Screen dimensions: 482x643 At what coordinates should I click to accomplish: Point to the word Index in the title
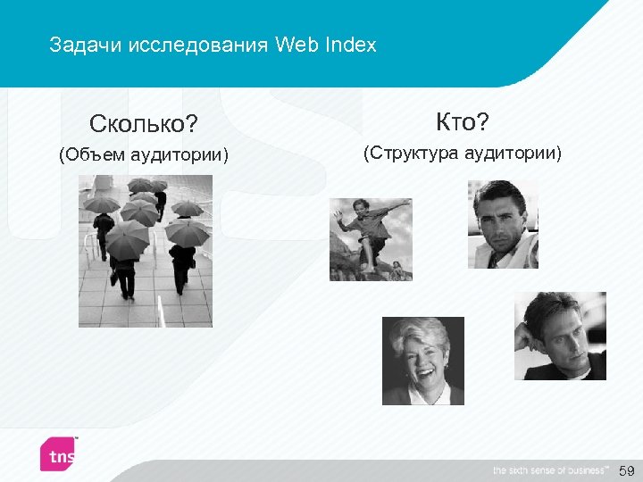[x=353, y=45]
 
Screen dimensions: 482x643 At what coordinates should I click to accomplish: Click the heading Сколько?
[x=143, y=121]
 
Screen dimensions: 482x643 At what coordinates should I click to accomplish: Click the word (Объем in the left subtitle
[x=92, y=156]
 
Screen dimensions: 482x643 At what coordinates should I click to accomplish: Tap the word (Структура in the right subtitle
[x=410, y=154]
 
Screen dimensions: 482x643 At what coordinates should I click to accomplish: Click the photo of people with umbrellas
[x=145, y=251]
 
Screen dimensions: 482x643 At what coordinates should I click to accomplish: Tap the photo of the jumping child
[x=371, y=239]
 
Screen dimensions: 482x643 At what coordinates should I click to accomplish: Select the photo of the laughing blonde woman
[x=423, y=361]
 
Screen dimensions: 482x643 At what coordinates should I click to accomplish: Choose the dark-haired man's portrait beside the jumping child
[x=503, y=224]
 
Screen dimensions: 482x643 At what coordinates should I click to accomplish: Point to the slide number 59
[x=626, y=470]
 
